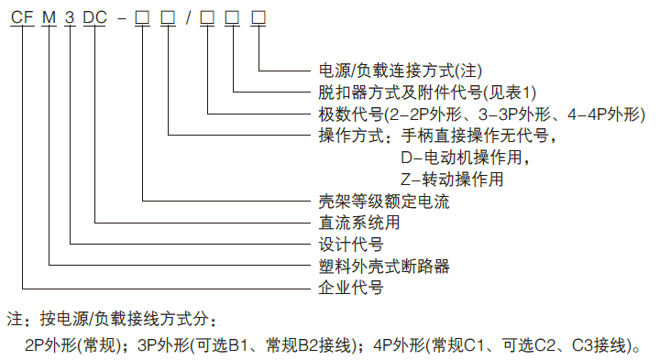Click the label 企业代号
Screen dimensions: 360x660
click(x=350, y=288)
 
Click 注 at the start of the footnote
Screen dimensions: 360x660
click(x=14, y=321)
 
